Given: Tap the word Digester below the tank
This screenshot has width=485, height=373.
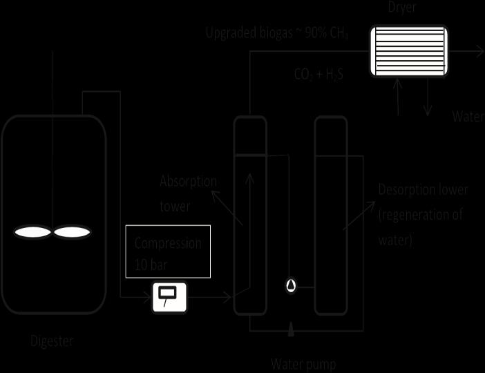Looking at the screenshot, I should [52, 341].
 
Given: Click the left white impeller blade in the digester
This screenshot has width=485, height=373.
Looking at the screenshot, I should [33, 233].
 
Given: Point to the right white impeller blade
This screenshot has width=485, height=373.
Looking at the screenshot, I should [73, 233].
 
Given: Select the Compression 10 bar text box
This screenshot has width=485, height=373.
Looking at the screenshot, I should [169, 251].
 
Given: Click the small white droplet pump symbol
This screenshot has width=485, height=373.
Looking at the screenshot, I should [291, 285].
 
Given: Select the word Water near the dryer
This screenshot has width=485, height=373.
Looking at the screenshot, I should [468, 116].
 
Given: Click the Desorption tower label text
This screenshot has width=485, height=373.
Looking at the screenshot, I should [423, 215].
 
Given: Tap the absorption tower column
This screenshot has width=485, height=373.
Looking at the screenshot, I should [249, 214].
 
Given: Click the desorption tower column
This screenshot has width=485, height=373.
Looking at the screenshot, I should [330, 214].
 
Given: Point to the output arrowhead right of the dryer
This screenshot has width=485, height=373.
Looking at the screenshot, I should [479, 50].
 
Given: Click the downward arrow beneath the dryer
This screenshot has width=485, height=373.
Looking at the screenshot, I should [428, 104].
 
